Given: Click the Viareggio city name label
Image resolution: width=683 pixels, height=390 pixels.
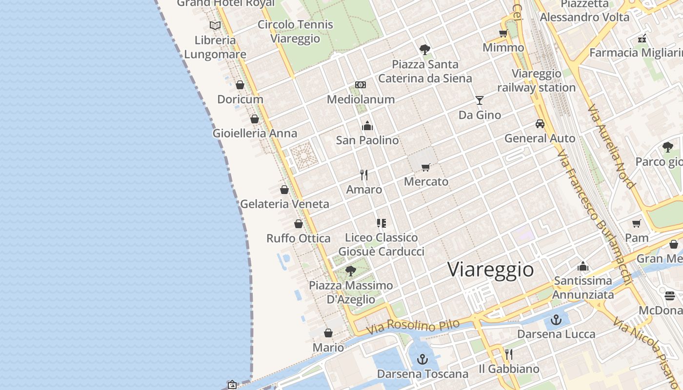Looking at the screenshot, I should pyautogui.click(x=490, y=269).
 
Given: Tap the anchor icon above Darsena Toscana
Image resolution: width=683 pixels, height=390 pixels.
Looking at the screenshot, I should pyautogui.click(x=422, y=360).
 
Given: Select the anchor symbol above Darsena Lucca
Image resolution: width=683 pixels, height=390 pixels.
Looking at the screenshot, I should pyautogui.click(x=556, y=320).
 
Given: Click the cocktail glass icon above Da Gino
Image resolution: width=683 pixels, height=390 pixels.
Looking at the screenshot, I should pyautogui.click(x=480, y=100).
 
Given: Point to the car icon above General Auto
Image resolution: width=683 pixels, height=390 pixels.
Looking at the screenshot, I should pyautogui.click(x=540, y=124).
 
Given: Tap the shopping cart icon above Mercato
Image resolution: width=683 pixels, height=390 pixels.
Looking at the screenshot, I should pyautogui.click(x=426, y=167).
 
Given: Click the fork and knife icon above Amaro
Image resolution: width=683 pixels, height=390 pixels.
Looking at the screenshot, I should pyautogui.click(x=364, y=175).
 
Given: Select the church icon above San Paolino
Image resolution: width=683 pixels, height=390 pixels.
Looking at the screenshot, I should pyautogui.click(x=367, y=126).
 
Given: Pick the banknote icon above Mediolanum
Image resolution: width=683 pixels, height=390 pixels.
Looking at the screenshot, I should pyautogui.click(x=361, y=85).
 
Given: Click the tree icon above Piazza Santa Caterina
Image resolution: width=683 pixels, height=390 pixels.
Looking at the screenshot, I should pyautogui.click(x=425, y=49).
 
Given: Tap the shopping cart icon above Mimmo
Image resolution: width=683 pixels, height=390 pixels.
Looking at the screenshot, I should pyautogui.click(x=503, y=33).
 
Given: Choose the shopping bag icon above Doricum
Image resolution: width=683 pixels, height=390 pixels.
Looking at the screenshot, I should pyautogui.click(x=240, y=85).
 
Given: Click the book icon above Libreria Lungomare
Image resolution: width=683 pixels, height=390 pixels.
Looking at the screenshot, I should pyautogui.click(x=215, y=25).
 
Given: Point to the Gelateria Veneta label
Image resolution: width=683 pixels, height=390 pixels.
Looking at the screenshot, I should pyautogui.click(x=285, y=204).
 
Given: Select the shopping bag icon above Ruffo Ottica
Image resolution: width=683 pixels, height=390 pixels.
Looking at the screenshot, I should pyautogui.click(x=299, y=224).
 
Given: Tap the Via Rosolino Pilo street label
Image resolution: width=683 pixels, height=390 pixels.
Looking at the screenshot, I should pyautogui.click(x=413, y=326).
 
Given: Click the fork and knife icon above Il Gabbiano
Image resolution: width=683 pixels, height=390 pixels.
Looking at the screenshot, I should pyautogui.click(x=509, y=354).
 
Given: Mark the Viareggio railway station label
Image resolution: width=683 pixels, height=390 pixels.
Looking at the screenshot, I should pyautogui.click(x=537, y=81).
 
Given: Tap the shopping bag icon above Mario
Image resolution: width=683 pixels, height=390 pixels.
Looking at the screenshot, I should pyautogui.click(x=328, y=333).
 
